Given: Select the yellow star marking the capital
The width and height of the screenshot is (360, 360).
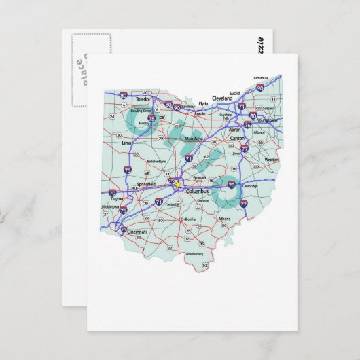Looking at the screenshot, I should tap(178, 183).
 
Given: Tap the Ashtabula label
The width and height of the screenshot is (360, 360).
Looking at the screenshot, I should tap(262, 78).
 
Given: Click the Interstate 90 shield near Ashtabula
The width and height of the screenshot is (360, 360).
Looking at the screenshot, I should tap(261, 88).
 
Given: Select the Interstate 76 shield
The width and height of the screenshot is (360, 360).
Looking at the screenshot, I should tap(248, 124).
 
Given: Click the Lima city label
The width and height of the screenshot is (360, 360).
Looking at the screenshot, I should tap(126, 144).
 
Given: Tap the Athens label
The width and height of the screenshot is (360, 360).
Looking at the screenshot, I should tap(224, 218).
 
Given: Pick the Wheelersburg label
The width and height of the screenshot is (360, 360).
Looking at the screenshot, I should tap(195, 253).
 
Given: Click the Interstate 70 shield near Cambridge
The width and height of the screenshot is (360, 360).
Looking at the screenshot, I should tap(230, 184).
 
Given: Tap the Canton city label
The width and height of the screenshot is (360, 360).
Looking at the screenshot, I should tap(238, 138).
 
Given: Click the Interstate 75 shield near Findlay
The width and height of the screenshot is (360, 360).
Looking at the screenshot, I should tap(151, 118).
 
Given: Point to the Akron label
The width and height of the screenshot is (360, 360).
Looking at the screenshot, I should tap(234, 128).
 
